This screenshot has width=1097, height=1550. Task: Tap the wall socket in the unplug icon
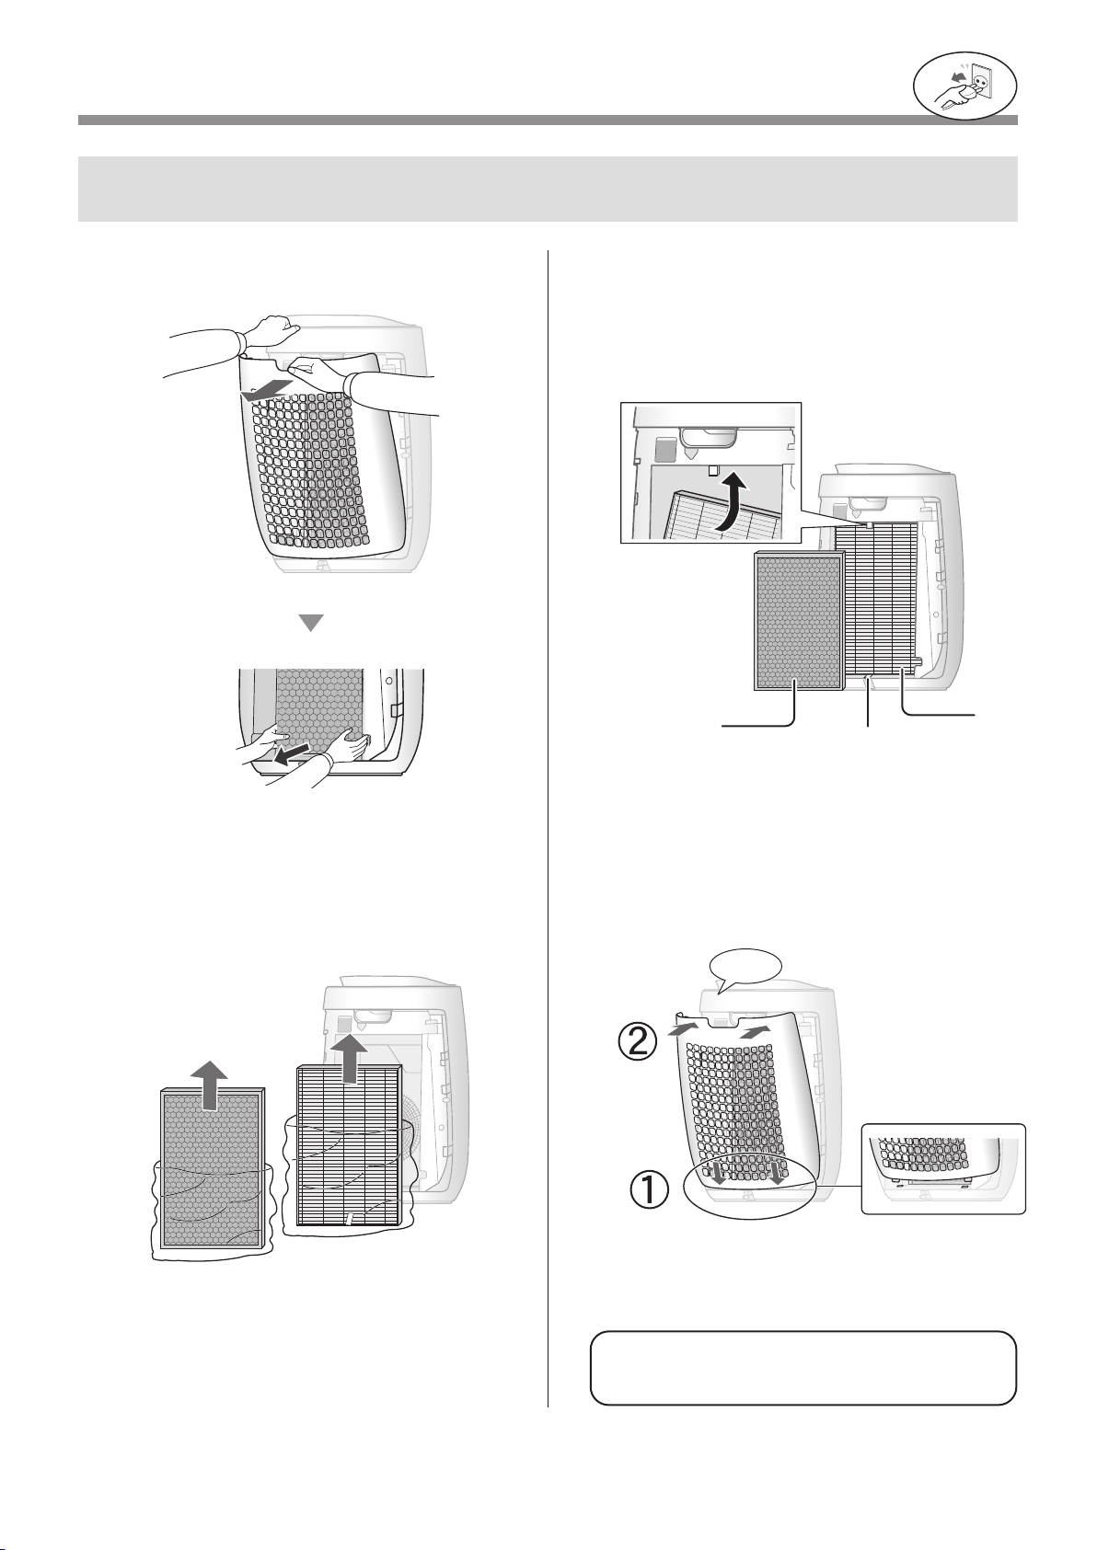980,82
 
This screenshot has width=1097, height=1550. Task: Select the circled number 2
638,1043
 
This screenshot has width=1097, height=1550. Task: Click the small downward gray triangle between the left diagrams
311,622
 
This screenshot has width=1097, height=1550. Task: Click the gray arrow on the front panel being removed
264,391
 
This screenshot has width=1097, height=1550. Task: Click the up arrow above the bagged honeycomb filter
210,1085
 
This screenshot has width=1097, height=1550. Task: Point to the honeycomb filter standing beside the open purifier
798,621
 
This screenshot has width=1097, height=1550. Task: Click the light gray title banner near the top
548,189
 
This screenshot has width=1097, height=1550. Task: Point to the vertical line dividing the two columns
548,828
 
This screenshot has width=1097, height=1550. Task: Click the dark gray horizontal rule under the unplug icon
548,121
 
